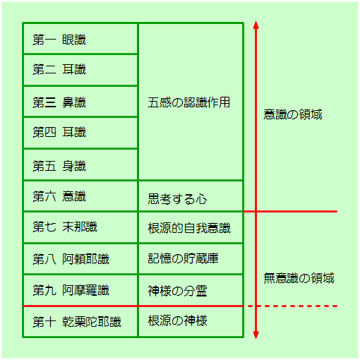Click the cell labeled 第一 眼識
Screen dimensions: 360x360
click(59, 40)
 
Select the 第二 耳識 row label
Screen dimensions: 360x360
click(59, 70)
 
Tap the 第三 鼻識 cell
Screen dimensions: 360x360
click(59, 102)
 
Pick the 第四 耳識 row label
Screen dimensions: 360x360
click(59, 132)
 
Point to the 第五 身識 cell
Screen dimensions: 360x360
click(59, 166)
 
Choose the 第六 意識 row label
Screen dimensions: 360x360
click(59, 196)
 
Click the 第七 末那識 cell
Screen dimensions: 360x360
click(65, 227)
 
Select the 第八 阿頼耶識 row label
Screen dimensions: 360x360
click(71, 259)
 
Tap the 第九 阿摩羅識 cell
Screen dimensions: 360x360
click(71, 290)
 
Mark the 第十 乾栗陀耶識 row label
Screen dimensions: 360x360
click(77, 322)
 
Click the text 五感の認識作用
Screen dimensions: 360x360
click(189, 102)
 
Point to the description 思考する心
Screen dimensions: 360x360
click(177, 199)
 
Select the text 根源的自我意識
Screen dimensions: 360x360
click(189, 228)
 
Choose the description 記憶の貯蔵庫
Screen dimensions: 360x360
click(184, 258)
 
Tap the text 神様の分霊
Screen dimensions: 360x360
click(177, 291)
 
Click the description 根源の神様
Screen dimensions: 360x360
click(178, 320)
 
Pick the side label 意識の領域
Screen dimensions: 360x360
click(293, 114)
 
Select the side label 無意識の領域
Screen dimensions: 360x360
click(299, 278)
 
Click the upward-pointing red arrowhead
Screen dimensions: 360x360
click(256, 25)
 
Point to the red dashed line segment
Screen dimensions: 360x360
click(292, 306)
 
